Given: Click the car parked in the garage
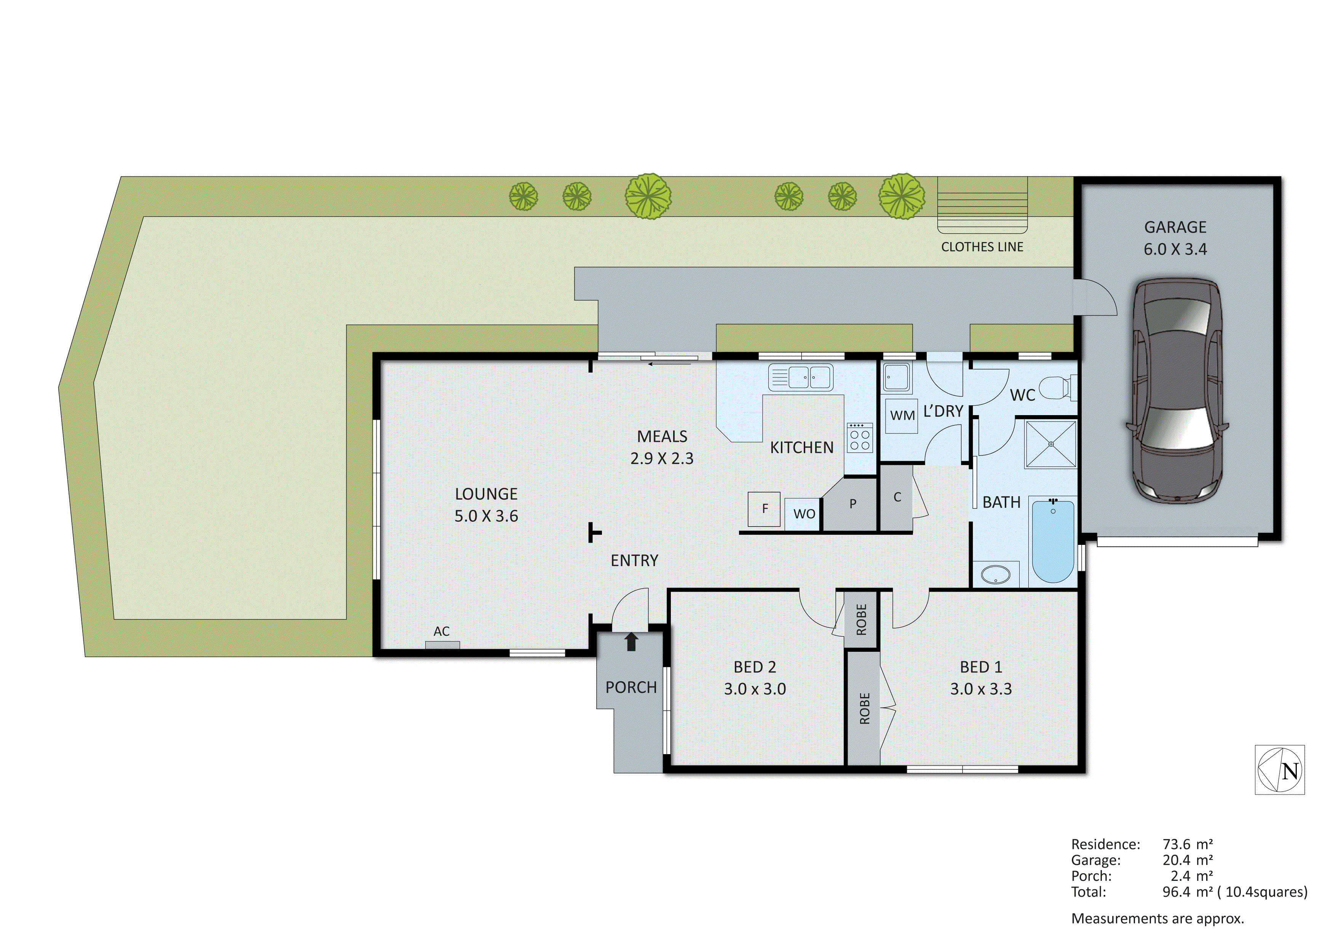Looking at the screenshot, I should [x=1176, y=391].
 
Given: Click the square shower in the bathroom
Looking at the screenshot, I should [x=1050, y=444].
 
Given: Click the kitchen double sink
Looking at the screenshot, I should [x=801, y=377].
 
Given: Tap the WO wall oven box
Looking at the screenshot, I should [x=804, y=514].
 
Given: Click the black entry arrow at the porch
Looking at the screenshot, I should [x=631, y=642].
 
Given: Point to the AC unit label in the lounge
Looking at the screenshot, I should [x=442, y=632].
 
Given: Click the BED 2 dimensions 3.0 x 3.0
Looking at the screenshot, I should [x=755, y=689].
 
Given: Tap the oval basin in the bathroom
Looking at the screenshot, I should [x=996, y=575].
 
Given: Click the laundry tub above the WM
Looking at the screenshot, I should [x=897, y=377].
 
